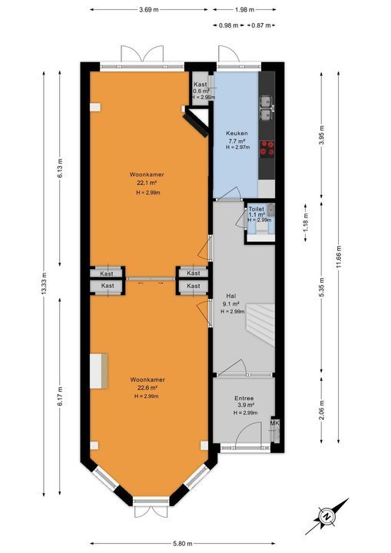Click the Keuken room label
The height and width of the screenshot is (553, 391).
click(235, 133)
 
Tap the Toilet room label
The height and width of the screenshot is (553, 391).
click(255, 209)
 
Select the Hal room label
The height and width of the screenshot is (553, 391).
click(230, 295)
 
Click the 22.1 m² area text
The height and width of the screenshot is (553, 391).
click(146, 184)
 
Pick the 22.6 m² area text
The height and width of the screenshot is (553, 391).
click(146, 388)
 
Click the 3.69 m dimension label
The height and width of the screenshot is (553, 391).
click(150, 10)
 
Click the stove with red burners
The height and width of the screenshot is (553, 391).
click(268, 147)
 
